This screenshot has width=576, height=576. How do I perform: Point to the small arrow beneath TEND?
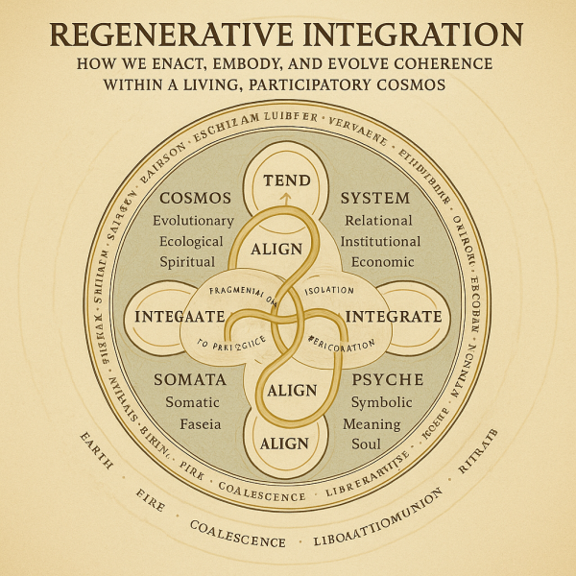click(285, 199)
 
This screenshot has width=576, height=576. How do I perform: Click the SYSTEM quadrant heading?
click(375, 199)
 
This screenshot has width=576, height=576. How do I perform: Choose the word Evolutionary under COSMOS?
click(193, 221)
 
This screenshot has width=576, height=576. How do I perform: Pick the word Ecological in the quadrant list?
click(192, 241)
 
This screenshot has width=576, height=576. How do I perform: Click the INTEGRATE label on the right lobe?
click(394, 316)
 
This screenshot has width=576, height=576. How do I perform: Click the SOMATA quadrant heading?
click(190, 379)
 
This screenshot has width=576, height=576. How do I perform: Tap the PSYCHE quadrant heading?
click(379, 379)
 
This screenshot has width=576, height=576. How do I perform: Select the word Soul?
click(366, 444)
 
